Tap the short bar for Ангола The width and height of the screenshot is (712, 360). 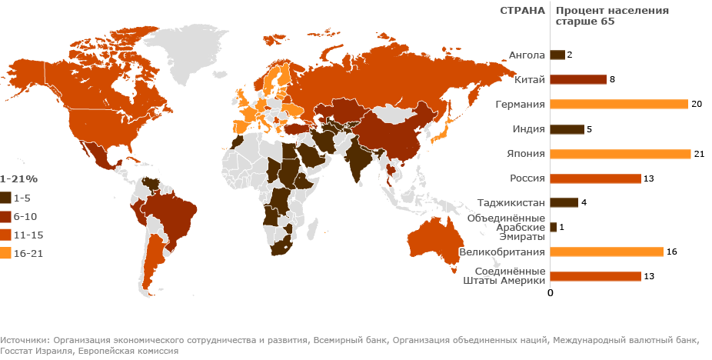(557, 55)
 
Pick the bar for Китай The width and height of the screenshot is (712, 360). (577, 79)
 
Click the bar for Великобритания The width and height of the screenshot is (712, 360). (607, 252)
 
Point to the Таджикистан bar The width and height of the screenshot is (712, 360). (564, 203)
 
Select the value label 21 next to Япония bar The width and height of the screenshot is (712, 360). (699, 154)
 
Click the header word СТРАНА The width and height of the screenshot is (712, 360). (523, 11)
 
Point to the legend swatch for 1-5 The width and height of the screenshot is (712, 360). (6, 197)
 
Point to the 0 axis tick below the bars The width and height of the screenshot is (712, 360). (550, 292)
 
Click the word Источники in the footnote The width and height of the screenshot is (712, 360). (24, 339)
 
